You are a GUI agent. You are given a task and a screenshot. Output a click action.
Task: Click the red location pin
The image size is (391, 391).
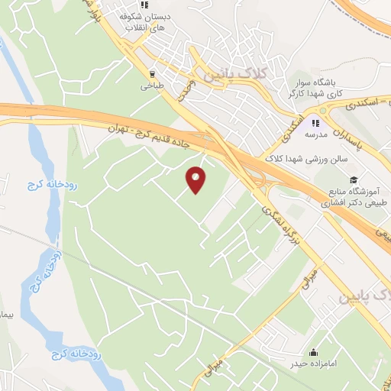[196, 179]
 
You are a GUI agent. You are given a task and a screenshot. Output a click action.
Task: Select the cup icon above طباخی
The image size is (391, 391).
[152, 75]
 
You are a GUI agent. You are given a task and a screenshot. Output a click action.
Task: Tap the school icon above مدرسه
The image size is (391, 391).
[315, 121]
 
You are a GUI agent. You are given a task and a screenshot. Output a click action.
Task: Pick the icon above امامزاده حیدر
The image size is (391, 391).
[314, 352]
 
